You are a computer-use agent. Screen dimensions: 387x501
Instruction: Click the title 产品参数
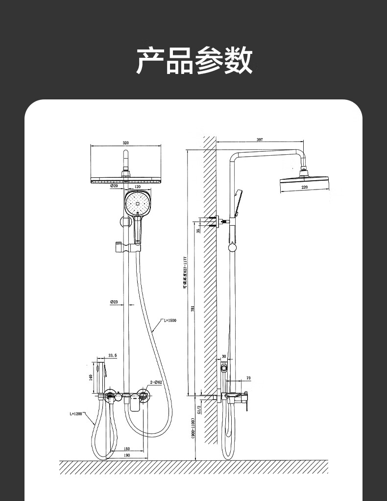click(194, 60)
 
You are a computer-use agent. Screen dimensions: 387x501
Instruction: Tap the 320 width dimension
click(125, 143)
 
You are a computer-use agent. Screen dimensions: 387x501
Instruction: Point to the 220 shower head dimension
click(304, 187)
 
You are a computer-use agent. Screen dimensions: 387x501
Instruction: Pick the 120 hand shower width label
click(137, 187)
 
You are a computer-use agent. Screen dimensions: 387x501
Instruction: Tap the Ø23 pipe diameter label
click(114, 302)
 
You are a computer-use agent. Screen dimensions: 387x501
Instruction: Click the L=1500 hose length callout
click(169, 320)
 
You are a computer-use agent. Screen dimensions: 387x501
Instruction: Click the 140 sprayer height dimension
click(91, 377)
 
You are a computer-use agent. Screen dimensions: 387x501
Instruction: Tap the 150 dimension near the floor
click(126, 449)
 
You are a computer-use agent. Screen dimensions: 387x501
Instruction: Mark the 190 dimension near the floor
click(126, 455)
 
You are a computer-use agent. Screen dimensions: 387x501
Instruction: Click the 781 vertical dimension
click(193, 309)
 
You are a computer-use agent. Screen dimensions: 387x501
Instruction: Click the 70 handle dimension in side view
click(248, 378)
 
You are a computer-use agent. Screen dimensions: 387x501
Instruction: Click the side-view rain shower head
click(304, 180)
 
